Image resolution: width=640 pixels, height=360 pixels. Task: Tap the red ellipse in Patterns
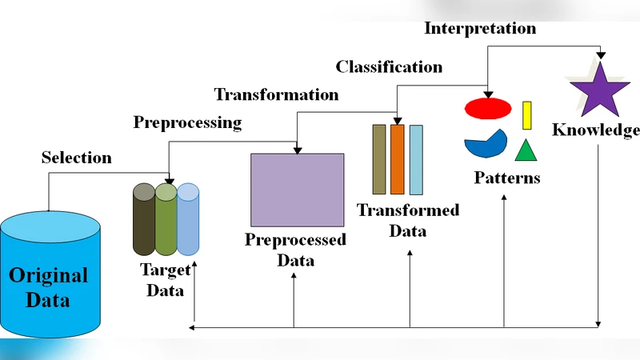[488, 107]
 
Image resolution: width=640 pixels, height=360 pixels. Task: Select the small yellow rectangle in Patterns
[527, 115]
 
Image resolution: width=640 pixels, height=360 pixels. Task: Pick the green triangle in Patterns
[525, 151]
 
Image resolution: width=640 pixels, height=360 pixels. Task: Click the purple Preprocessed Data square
[298, 190]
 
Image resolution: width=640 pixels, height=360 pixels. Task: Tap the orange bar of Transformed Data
[397, 159]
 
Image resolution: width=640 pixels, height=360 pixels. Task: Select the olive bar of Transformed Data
[379, 159]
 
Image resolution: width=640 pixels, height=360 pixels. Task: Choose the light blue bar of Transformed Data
[416, 159]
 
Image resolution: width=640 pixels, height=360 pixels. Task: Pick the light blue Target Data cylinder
[187, 220]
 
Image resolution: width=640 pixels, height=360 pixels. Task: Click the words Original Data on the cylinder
[48, 288]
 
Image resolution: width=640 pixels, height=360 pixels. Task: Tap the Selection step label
[77, 158]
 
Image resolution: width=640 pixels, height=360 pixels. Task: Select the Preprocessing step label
[187, 122]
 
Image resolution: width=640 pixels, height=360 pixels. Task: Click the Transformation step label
[276, 94]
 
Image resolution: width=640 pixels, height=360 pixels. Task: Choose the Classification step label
[389, 66]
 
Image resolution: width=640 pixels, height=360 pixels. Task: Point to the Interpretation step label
[480, 28]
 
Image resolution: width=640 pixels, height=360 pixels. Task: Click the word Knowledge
[596, 130]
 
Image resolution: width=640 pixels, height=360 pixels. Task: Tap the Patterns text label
[506, 178]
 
